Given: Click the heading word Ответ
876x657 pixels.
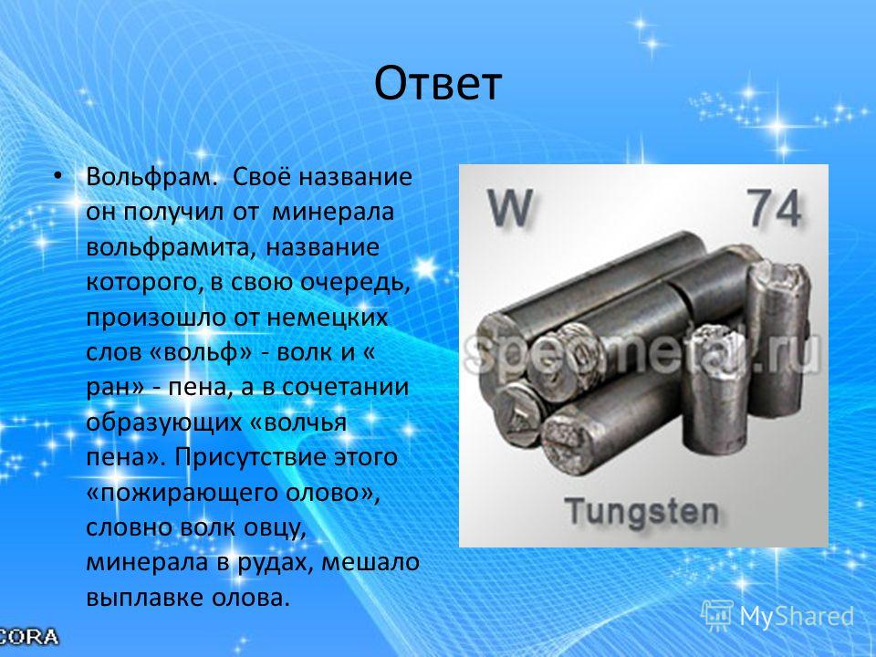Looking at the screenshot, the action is (x=437, y=84).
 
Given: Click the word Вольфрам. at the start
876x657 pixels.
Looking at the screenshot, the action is (x=151, y=177).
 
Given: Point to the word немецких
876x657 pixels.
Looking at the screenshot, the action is (x=328, y=318).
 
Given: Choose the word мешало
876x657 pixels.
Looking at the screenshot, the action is (x=370, y=563).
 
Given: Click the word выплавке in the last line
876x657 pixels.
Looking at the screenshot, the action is (x=145, y=598).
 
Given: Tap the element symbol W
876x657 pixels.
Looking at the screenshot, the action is (x=509, y=207).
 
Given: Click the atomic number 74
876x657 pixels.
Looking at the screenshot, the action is (x=775, y=207).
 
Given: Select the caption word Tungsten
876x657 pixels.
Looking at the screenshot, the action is (x=641, y=512).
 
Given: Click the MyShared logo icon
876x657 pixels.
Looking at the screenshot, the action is (x=717, y=615).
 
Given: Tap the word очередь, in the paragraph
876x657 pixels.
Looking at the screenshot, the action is (x=356, y=283).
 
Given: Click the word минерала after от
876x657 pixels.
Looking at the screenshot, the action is (x=333, y=213).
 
